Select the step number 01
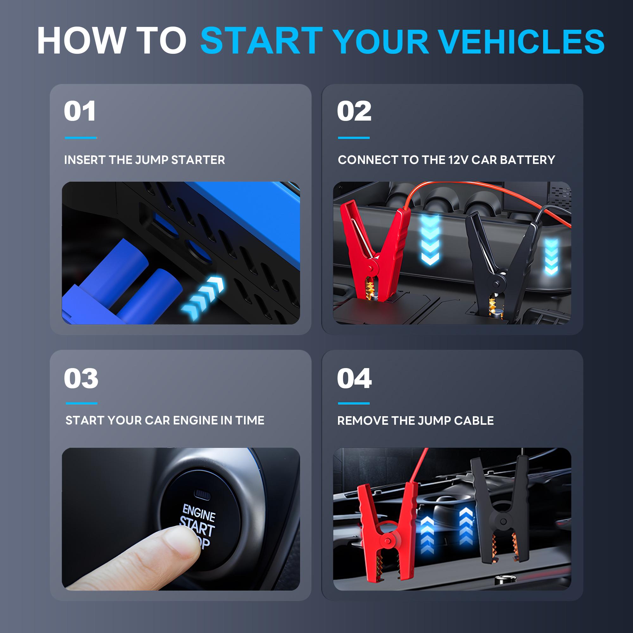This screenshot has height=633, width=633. [x=80, y=111]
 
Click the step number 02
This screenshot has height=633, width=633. [x=354, y=111]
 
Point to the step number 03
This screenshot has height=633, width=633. [x=81, y=379]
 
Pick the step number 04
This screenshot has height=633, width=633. [x=354, y=379]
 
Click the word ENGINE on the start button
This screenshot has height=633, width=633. [x=199, y=513]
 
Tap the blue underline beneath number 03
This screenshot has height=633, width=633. [x=81, y=403]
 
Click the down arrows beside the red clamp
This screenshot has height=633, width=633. [x=430, y=241]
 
